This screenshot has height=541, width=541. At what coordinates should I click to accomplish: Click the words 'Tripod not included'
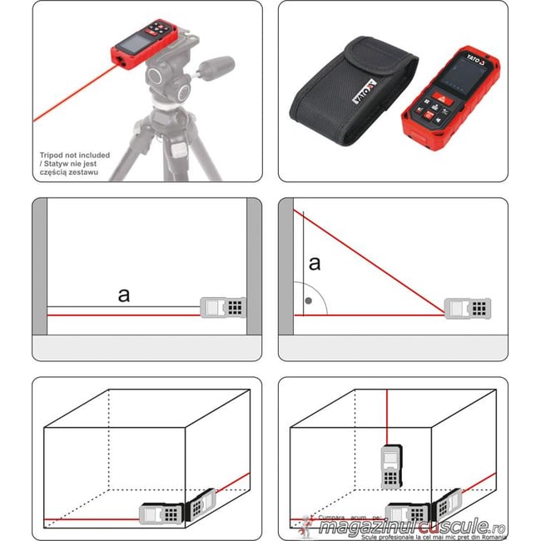[x=73, y=155]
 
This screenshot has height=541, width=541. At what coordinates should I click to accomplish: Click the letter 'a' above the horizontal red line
[x=124, y=295]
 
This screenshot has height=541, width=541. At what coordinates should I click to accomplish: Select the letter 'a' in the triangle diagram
[x=314, y=265]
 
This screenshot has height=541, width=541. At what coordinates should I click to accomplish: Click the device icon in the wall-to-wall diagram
[x=224, y=307]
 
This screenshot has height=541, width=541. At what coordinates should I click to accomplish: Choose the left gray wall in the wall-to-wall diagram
[x=39, y=266]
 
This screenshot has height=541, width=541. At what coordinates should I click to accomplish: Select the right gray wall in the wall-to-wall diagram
[x=254, y=266]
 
